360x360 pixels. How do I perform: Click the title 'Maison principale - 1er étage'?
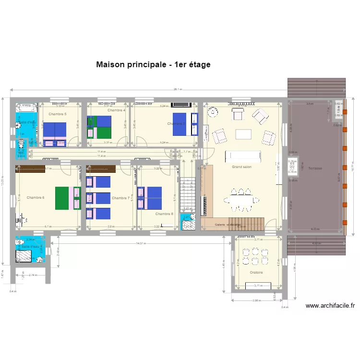(153, 64)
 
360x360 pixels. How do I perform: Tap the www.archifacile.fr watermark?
(330, 305)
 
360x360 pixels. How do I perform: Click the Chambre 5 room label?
(58, 114)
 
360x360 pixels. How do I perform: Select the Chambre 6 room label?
(36, 198)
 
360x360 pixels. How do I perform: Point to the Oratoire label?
(256, 273)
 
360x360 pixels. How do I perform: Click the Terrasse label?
(315, 168)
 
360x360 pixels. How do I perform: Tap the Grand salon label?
(241, 167)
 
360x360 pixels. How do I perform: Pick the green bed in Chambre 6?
(62, 198)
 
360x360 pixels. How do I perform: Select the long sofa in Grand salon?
(243, 156)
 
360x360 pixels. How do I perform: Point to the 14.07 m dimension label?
(140, 244)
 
